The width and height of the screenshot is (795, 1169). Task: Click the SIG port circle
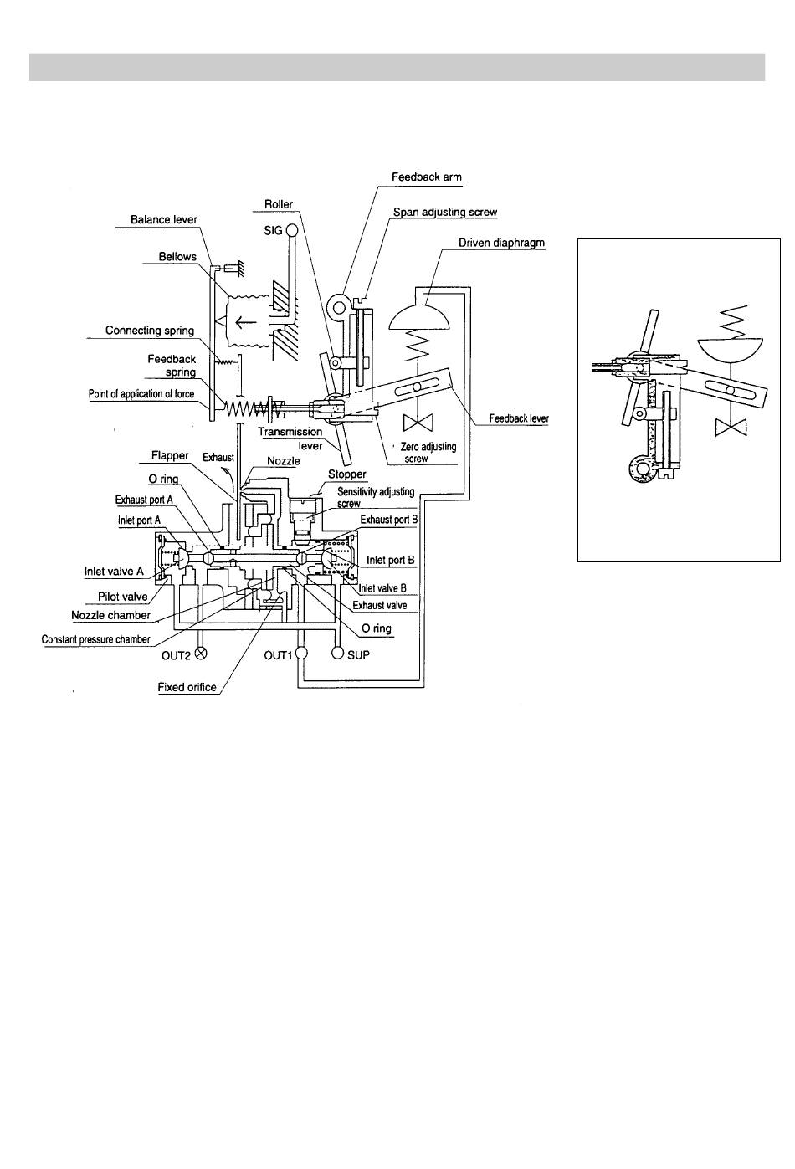coord(292,229)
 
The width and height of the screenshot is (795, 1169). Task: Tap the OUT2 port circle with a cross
coord(200,654)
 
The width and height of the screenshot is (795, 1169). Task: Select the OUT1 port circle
coord(301,654)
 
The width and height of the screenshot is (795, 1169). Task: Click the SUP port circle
coord(337,654)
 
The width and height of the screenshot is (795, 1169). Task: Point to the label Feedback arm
coord(427,177)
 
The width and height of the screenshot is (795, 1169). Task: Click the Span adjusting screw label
coord(444,213)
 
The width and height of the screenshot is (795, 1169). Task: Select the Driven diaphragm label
coord(501,243)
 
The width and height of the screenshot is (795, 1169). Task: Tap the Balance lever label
coord(163,219)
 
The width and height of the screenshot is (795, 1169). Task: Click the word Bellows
coord(177,256)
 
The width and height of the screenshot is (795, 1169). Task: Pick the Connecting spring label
coord(149,331)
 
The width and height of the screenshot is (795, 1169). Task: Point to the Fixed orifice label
coord(187,687)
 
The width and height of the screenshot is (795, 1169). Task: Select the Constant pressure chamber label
coord(95,639)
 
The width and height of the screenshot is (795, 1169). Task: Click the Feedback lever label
coord(519,418)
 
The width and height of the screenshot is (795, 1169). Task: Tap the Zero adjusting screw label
coord(428,453)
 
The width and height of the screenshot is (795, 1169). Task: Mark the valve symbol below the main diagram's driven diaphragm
coord(418,422)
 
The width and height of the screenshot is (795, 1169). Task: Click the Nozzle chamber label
coord(110,615)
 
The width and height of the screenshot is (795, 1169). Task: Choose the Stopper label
coord(347,474)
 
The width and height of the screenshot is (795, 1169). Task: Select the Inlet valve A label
coord(114,572)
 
